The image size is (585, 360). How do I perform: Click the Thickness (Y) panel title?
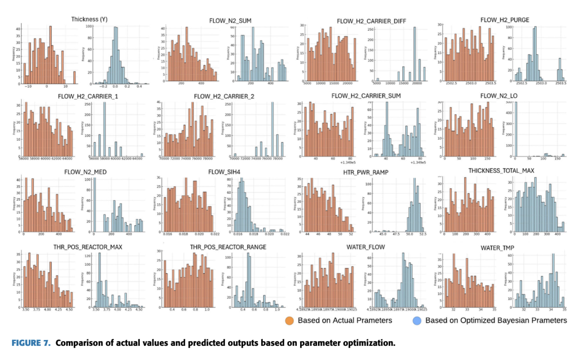(89, 19)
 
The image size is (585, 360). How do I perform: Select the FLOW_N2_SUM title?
(230, 21)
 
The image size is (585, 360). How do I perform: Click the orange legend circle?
(290, 320)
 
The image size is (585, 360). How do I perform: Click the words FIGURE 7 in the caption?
(29, 343)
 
